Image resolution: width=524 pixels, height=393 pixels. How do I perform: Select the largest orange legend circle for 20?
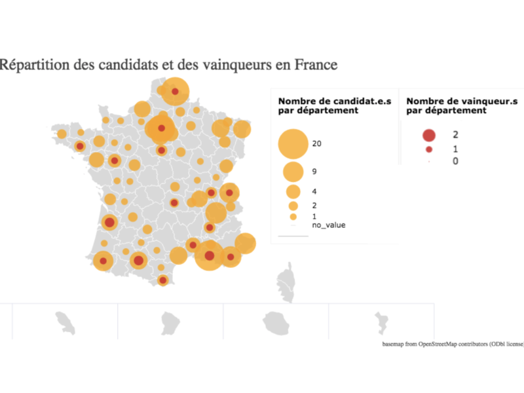(x=293, y=143)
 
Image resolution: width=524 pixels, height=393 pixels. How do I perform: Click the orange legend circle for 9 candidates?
(x=293, y=172)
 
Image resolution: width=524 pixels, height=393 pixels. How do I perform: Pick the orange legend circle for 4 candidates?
(x=293, y=191)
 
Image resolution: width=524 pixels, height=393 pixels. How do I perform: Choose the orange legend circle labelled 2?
(x=293, y=206)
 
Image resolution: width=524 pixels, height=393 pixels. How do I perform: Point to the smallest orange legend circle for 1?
(x=293, y=216)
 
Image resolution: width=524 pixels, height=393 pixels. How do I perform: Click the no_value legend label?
(x=329, y=225)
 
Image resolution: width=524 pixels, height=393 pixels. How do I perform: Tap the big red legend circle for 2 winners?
(x=428, y=135)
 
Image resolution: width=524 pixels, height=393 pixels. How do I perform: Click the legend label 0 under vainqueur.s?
(x=455, y=161)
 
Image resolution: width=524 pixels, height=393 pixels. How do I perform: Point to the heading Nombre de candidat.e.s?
(x=335, y=101)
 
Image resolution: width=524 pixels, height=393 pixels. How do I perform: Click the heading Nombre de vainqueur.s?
(x=462, y=101)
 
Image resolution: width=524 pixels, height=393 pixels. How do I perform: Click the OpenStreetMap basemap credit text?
(x=452, y=343)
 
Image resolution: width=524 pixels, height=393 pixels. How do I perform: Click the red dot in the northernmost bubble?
(x=175, y=92)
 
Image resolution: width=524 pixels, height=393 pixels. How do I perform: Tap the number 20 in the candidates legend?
(x=318, y=143)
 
